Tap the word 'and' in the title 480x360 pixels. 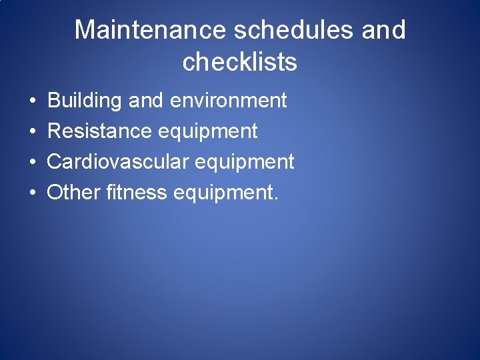click(x=385, y=30)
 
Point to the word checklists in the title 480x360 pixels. click(x=239, y=62)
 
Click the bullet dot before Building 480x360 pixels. click(x=32, y=101)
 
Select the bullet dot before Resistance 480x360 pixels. click(x=32, y=132)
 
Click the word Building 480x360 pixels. click(x=85, y=101)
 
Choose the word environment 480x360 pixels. click(x=229, y=101)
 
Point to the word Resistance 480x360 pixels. click(x=99, y=131)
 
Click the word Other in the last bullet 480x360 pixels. click(x=73, y=193)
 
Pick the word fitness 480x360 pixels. click(x=136, y=193)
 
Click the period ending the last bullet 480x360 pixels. click(x=275, y=199)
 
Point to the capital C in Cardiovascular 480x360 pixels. click(x=54, y=162)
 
